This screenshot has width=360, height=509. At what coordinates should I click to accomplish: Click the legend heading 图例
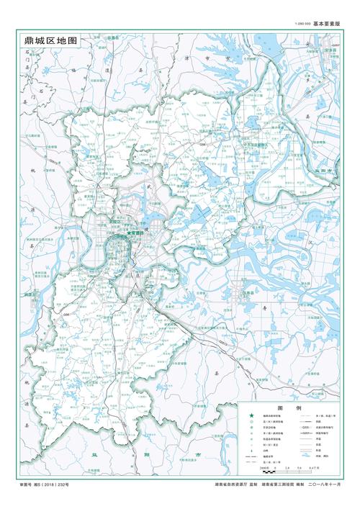point(283,407)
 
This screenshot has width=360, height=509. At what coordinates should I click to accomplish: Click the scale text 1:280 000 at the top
point(301,24)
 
